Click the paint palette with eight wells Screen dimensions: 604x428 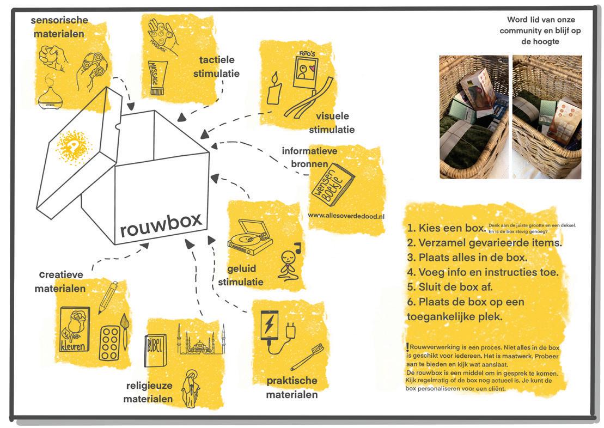coord(111,343)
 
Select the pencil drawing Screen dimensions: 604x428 coord(108,296)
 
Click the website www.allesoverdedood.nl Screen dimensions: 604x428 coord(346,216)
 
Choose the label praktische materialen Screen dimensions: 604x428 coord(291,387)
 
